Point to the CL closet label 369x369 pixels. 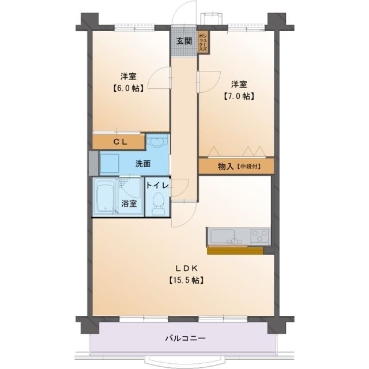(120, 141)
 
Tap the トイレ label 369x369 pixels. (157, 186)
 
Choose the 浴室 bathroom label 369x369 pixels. (129, 203)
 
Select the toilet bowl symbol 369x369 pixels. (158, 204)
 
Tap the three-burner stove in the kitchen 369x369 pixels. (258, 236)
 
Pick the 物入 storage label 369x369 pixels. (225, 167)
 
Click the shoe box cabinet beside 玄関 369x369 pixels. (203, 42)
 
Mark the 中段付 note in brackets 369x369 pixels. (248, 167)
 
